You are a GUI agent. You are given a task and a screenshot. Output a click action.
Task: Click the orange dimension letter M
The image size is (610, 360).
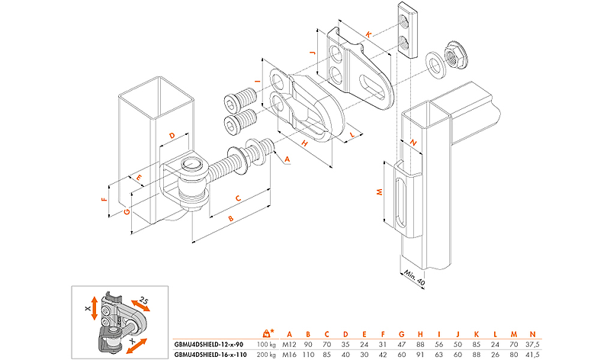(x=380, y=193)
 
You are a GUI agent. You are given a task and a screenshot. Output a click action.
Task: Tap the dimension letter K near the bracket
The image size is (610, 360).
(x=368, y=34)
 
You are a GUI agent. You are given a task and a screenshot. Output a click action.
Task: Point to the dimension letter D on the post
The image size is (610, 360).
(x=172, y=136)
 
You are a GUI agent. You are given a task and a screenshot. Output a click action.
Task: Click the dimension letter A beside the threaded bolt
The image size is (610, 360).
(x=287, y=159)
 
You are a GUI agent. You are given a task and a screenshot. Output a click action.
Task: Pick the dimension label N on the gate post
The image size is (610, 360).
(x=412, y=142)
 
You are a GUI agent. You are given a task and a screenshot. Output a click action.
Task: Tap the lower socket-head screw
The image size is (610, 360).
(x=239, y=121)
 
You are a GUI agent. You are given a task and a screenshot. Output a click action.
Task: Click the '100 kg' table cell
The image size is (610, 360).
(x=266, y=345)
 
